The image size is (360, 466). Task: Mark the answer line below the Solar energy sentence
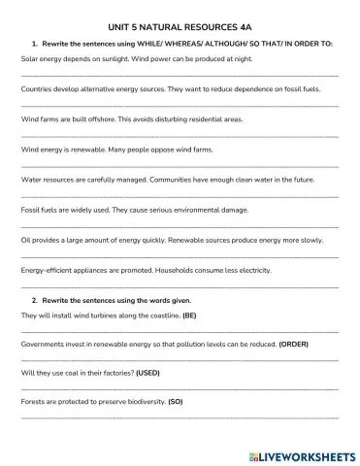180,75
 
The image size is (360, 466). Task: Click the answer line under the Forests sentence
180,416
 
